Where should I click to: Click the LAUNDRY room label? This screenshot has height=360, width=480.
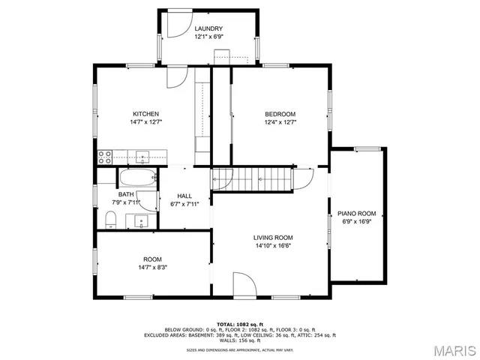[209, 28]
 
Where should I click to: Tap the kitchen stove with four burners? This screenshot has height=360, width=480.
[105, 157]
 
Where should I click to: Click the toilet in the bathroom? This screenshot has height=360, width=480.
[109, 219]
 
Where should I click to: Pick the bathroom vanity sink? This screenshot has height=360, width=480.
[141, 220]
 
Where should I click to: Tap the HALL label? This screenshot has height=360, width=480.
[184, 196]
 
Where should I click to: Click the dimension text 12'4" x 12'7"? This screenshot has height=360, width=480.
[280, 121]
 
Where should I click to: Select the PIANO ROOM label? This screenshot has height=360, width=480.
[355, 213]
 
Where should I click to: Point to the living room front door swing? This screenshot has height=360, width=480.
[244, 283]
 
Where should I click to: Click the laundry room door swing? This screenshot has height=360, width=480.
[174, 27]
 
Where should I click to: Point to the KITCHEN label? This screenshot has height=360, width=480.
[145, 113]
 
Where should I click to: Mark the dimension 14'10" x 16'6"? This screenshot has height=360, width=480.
[272, 245]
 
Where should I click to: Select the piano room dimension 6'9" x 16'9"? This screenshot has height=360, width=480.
[355, 221]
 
